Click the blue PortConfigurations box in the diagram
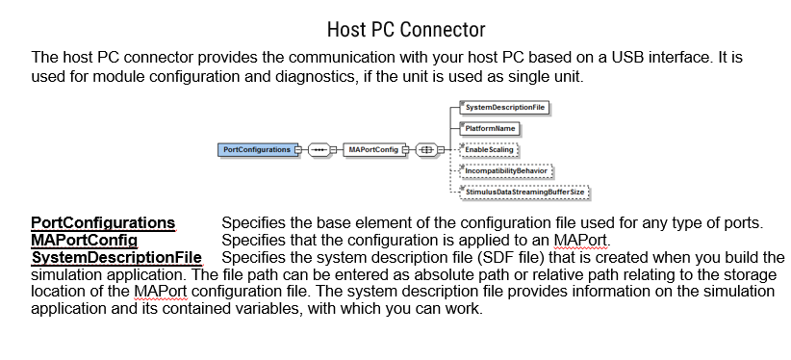(x=256, y=150)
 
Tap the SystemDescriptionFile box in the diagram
(x=504, y=107)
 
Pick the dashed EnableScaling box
(x=489, y=150)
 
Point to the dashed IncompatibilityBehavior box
(x=506, y=171)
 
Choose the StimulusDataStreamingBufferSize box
(x=524, y=193)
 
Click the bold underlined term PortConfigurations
(x=103, y=223)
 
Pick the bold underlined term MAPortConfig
(x=85, y=240)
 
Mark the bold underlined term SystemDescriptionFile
(x=116, y=257)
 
